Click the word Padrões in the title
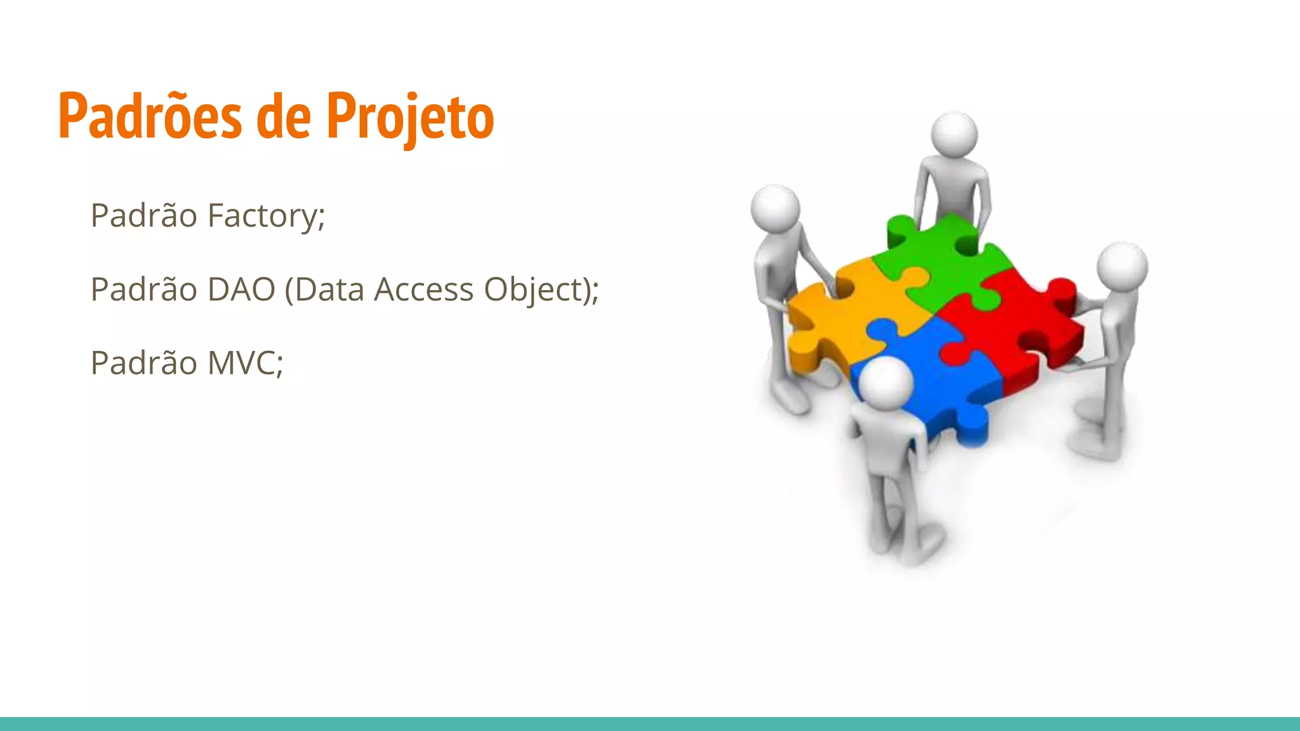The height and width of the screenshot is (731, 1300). coord(150,116)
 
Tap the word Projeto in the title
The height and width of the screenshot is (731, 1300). coord(410,117)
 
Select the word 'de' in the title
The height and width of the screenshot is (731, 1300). coord(283,116)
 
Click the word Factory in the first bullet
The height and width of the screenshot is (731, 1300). coord(265,216)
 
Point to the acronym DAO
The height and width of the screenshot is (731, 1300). coord(241,289)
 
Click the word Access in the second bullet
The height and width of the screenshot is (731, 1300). coord(423,289)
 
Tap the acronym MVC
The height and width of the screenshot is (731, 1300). coord(244,363)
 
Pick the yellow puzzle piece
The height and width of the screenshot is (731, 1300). coord(844,317)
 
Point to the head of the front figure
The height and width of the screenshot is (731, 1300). coord(886,381)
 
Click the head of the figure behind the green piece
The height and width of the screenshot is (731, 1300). coord(954,134)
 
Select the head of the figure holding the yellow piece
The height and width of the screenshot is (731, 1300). coord(775,207)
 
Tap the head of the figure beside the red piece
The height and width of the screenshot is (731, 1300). coord(1122,265)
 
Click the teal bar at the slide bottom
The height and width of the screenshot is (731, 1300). coord(650,723)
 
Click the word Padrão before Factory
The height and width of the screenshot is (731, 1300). coord(143,216)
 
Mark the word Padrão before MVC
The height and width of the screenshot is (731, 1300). coord(143,363)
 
